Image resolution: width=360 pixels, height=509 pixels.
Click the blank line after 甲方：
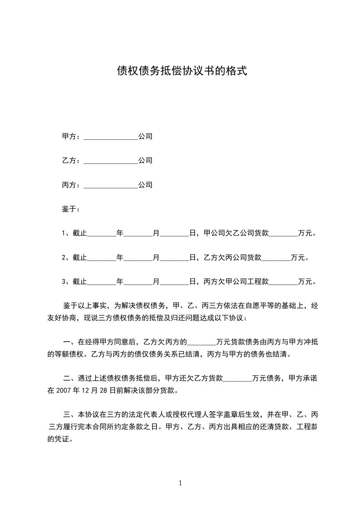pyautogui.click(x=110, y=137)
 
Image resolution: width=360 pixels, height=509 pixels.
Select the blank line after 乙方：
pyautogui.click(x=110, y=161)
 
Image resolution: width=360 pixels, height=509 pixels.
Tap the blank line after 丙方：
pyautogui.click(x=110, y=186)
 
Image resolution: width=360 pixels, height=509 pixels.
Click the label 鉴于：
pyautogui.click(x=71, y=209)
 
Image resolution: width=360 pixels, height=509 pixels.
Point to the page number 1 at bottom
pyautogui.click(x=180, y=483)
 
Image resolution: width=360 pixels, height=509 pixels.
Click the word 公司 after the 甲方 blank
pyautogui.click(x=145, y=136)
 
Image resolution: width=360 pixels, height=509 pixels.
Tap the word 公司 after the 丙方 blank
pyautogui.click(x=145, y=185)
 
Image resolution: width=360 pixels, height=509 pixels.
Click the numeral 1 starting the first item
pyautogui.click(x=64, y=234)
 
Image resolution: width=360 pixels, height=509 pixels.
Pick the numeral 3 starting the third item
pyautogui.click(x=64, y=282)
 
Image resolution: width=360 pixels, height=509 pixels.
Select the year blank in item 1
pyautogui.click(x=101, y=234)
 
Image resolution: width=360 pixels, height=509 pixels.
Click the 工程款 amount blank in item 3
pyautogui.click(x=283, y=282)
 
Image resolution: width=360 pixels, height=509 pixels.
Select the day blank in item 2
pyautogui.click(x=175, y=258)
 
